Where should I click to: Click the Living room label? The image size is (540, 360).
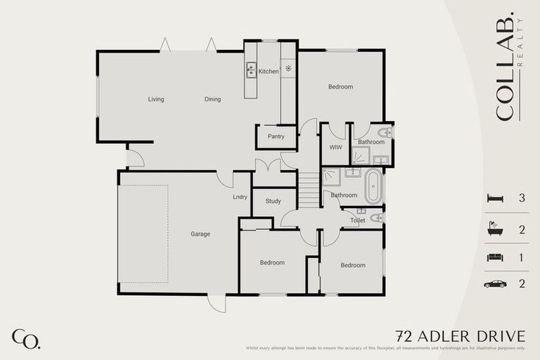coord(156,99)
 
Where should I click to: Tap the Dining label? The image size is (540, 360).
coord(212,99)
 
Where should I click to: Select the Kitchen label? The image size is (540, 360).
coord(269,72)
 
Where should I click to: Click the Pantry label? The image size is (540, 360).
coord(276,136)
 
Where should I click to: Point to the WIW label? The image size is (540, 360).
coord(335,148)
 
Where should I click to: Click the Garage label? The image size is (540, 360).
coord(200,234)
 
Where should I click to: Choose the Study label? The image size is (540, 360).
coord(273,202)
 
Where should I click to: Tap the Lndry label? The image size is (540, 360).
coord(240,197)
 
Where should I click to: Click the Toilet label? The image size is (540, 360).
coord(357,221)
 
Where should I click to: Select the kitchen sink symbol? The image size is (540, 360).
coord(251,70)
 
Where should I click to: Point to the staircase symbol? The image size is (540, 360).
coord(310,190)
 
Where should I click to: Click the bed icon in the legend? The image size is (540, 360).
coord(495,199)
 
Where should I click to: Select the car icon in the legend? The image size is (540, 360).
coord(495,284)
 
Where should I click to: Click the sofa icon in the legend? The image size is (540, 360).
coord(495,257)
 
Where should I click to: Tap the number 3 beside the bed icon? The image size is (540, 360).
coord(522,199)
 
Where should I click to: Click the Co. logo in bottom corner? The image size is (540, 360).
coord(25,338)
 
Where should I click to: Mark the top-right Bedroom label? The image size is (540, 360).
coord(340,87)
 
